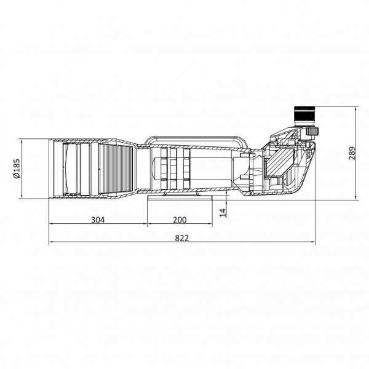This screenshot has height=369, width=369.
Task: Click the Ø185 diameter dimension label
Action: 17,169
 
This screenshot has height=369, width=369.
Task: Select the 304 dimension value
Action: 98,220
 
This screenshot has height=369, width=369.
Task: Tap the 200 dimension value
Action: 180,220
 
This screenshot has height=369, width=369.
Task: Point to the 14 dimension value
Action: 223,212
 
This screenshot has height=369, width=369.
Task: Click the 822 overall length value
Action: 182,238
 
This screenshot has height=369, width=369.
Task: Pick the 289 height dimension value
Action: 352,153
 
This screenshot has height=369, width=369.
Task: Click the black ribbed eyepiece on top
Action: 304,113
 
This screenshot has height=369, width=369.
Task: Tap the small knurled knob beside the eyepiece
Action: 312,131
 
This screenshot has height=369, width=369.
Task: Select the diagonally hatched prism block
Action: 280,163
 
